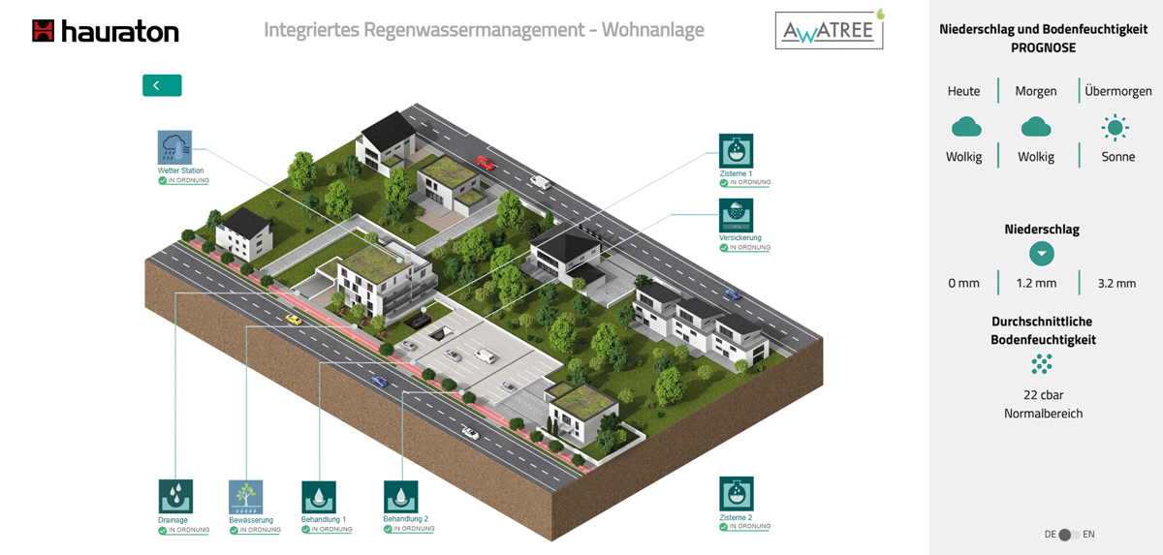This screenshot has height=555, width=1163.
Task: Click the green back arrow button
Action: pos(162,85)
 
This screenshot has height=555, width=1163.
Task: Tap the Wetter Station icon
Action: pos(174,147)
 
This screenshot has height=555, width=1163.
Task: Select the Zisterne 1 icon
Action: pos(736,151)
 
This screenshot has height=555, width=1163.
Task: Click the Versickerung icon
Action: pos(736,215)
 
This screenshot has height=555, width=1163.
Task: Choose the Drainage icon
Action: pos(175,496)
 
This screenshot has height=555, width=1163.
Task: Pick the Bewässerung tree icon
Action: pos(245,497)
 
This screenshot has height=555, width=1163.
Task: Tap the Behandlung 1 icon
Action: pos(319,498)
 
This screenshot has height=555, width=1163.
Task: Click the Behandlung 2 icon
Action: pos(401,497)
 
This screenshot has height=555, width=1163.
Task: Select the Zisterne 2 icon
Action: pos(737,494)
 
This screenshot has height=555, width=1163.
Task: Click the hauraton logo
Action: pos(106,31)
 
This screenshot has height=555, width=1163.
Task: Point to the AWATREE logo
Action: pos(830,30)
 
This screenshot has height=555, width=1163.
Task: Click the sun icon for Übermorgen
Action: pos(1115,128)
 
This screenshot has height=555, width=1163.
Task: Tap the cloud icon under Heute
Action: pos(966,127)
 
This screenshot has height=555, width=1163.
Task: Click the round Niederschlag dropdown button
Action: pos(1042,254)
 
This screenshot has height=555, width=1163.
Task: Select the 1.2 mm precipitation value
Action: pos(1036,283)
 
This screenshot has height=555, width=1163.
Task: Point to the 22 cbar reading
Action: pos(1043,395)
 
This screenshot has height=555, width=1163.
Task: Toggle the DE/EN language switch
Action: pos(1069,535)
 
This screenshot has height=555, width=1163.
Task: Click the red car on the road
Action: pos(485,163)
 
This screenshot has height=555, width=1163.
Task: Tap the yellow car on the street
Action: pos(294,319)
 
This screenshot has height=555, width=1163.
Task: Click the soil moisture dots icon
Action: pos(1042,364)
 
